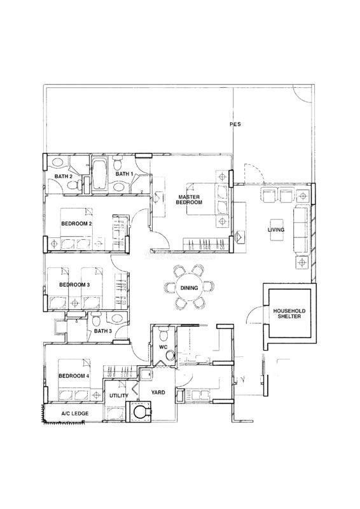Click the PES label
(x=235, y=124)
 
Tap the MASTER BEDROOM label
(x=189, y=200)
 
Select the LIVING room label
(x=276, y=230)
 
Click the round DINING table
(x=190, y=288)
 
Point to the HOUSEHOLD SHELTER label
(x=289, y=314)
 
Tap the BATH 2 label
(x=64, y=176)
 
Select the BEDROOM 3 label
(x=74, y=284)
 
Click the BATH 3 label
(x=103, y=331)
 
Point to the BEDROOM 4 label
(x=74, y=376)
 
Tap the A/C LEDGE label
(x=75, y=414)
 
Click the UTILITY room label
(x=118, y=396)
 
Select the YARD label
(x=158, y=393)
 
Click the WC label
(x=163, y=347)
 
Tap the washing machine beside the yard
(x=139, y=412)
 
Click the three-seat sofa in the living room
(x=301, y=230)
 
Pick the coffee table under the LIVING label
(x=276, y=230)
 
